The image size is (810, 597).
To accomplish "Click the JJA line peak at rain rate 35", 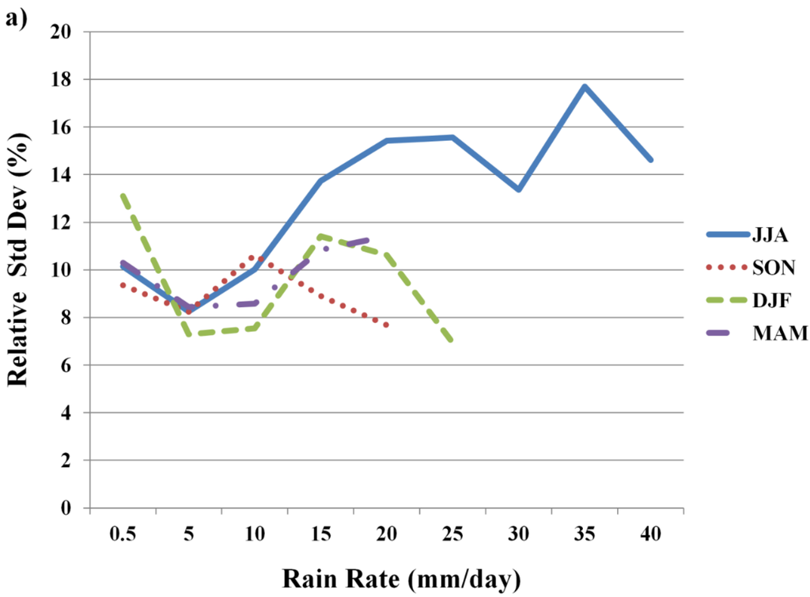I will point(585,86).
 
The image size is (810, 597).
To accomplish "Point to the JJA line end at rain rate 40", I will point(651,160).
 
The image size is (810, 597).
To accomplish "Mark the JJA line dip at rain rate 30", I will point(519,190).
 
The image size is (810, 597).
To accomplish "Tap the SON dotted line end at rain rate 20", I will point(386,325).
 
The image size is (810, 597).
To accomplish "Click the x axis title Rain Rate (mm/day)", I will point(401,579).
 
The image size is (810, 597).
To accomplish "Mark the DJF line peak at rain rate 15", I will point(320,235).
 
